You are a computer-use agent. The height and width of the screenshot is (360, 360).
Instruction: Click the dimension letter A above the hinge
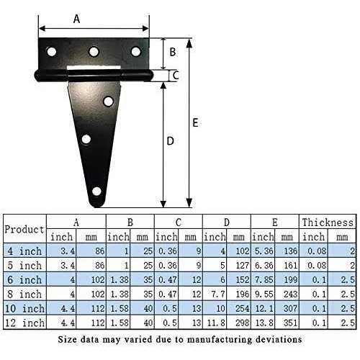coord(76,19)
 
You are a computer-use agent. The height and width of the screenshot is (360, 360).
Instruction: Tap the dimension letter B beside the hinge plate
coord(173,52)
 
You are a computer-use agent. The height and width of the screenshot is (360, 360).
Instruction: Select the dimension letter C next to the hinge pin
coord(176,76)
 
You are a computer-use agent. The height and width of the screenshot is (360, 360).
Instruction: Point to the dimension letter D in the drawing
coord(170,141)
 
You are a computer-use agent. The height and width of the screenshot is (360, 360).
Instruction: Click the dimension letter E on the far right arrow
coord(195,122)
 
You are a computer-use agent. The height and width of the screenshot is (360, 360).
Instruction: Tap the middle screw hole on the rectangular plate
coord(94,52)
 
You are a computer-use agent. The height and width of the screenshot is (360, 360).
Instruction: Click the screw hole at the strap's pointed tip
coord(96,192)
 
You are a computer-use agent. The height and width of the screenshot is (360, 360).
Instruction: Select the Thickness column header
coord(328,222)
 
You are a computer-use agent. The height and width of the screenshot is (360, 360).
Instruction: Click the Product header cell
coord(24,230)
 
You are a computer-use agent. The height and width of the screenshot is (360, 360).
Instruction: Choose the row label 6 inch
coord(24,279)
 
